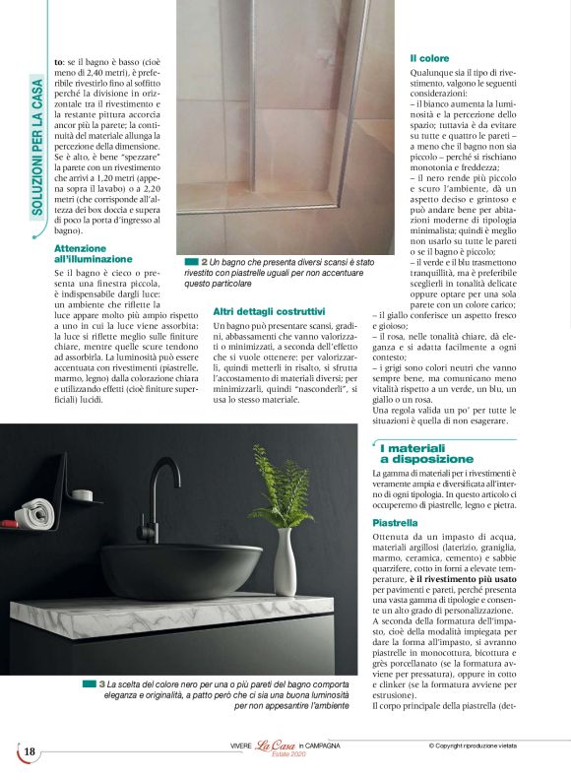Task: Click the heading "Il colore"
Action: [429, 58]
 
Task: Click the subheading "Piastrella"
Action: [396, 521]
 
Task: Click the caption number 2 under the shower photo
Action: [204, 262]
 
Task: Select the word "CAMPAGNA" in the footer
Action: [323, 746]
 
